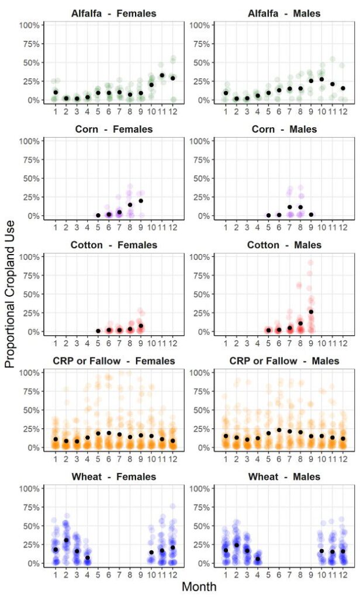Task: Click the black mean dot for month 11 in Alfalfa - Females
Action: [x=162, y=75]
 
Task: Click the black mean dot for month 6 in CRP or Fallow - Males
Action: [x=279, y=430]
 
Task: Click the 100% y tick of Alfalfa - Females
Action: [x=29, y=25]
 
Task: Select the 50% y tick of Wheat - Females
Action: [x=32, y=526]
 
